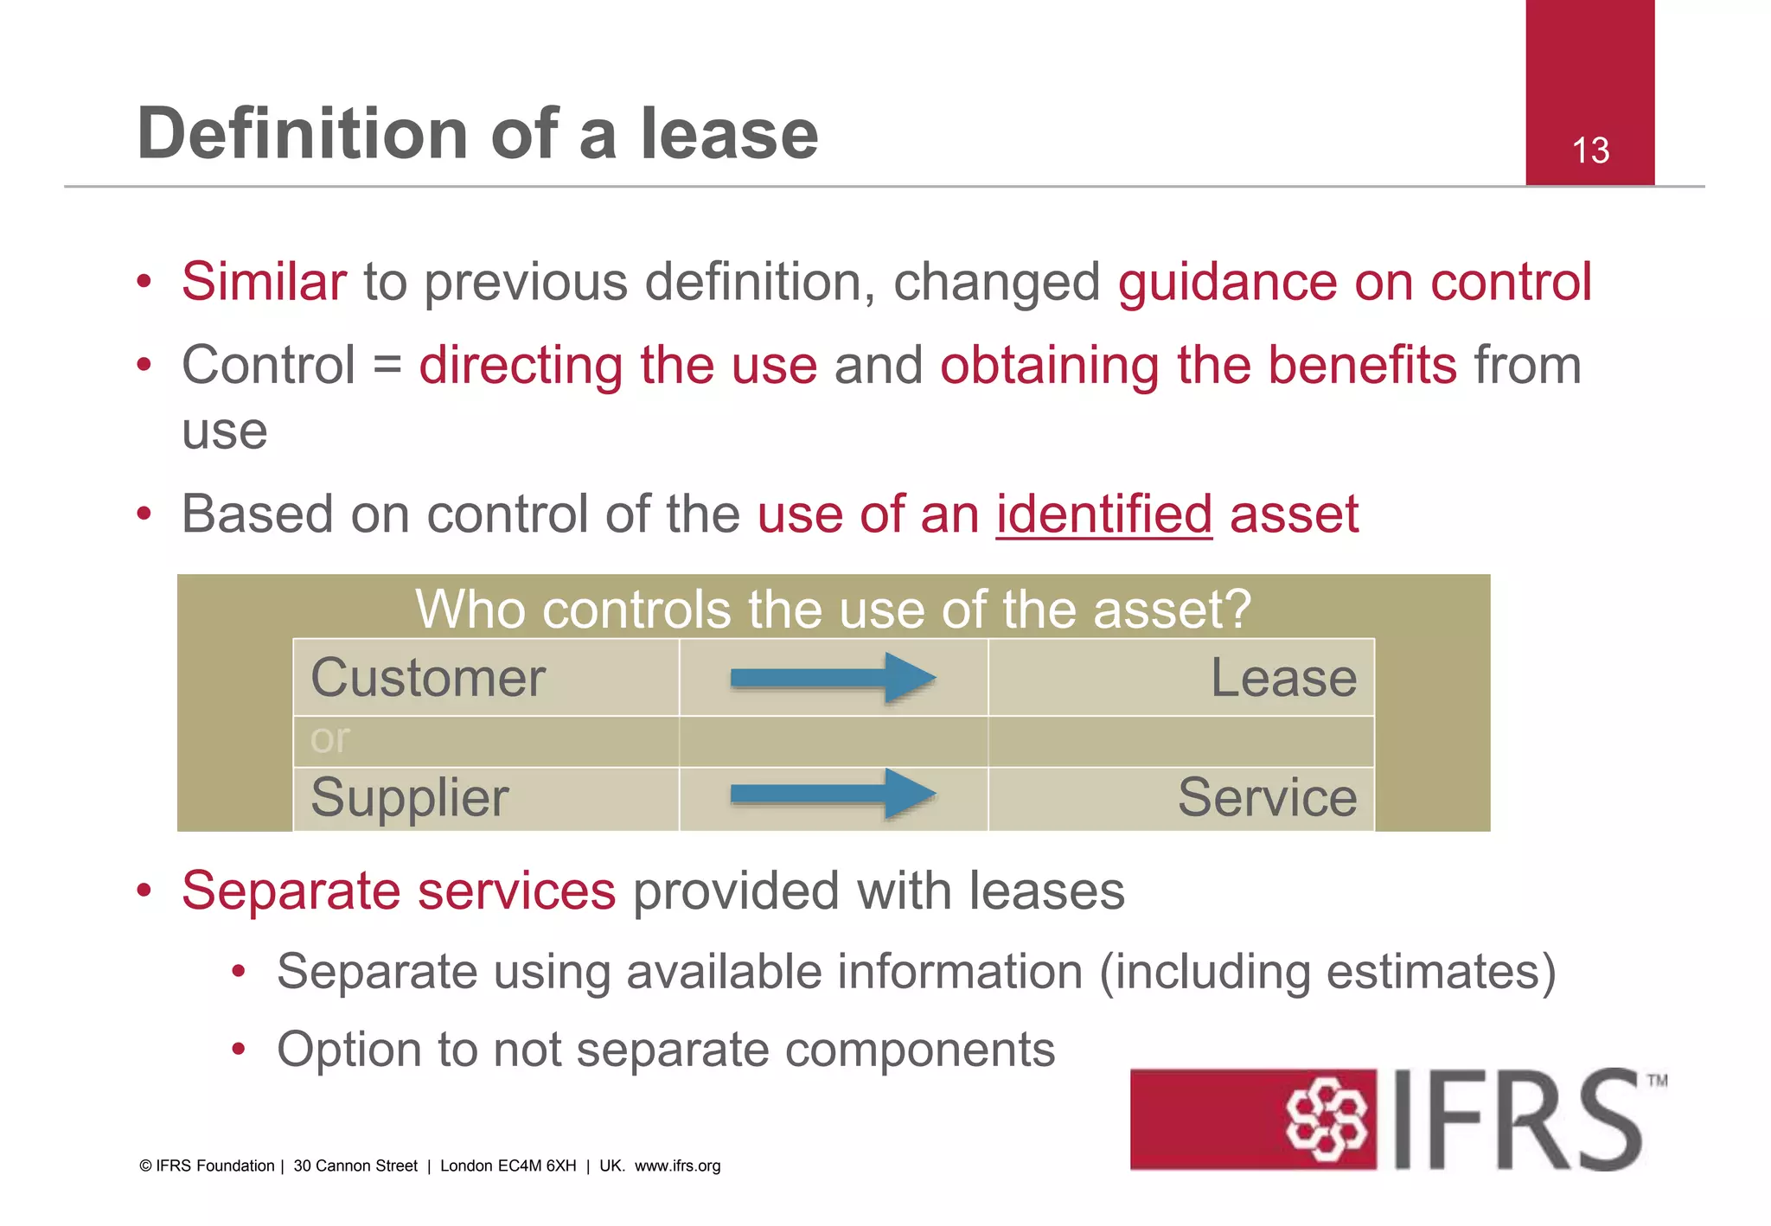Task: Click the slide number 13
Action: [1590, 150]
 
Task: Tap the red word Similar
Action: [264, 282]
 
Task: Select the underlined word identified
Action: [1103, 514]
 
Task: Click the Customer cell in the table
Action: [428, 678]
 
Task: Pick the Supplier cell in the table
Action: [410, 797]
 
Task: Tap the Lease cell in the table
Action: [1283, 678]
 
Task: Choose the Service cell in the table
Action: [1267, 797]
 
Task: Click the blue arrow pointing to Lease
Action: [832, 678]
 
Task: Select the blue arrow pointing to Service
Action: [832, 794]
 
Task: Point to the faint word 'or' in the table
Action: [329, 739]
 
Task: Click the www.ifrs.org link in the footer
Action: [677, 1165]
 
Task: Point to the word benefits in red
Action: [1362, 366]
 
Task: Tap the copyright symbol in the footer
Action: [145, 1165]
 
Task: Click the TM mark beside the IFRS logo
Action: [1657, 1081]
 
